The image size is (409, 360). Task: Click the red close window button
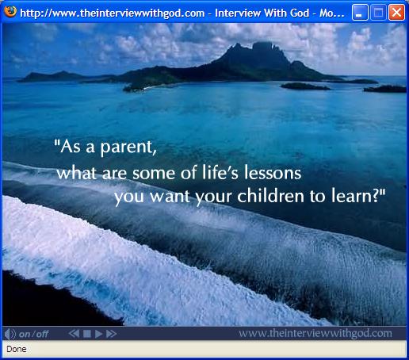click(396, 13)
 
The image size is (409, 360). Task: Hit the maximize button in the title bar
click(378, 13)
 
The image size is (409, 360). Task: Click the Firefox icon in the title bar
click(10, 11)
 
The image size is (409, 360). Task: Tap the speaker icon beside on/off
click(10, 334)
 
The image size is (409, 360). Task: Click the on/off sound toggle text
click(33, 335)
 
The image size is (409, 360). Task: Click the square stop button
click(87, 334)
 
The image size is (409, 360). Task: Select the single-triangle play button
click(98, 334)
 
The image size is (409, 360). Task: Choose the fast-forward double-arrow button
click(111, 334)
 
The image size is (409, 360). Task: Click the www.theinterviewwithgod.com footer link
click(315, 333)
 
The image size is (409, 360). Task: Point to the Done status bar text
click(17, 349)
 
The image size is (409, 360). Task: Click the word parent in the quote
click(128, 147)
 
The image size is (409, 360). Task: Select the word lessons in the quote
click(273, 173)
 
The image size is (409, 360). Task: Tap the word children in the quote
click(271, 196)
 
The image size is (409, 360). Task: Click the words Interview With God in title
click(262, 13)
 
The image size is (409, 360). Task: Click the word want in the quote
click(170, 197)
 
